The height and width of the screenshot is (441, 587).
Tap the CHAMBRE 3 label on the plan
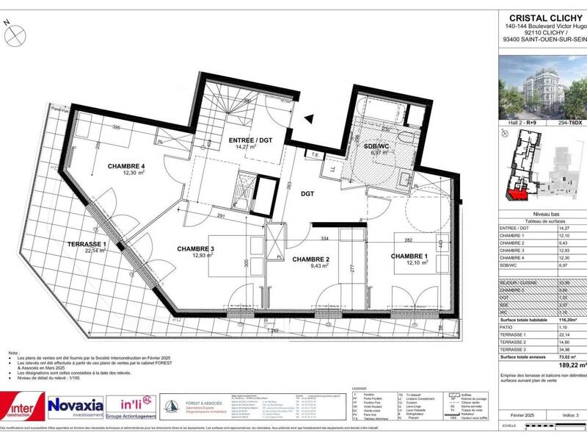195,248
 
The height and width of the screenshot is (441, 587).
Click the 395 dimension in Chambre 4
115,127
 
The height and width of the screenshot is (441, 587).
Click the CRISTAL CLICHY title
546,18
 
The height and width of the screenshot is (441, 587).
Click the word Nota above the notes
12,354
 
